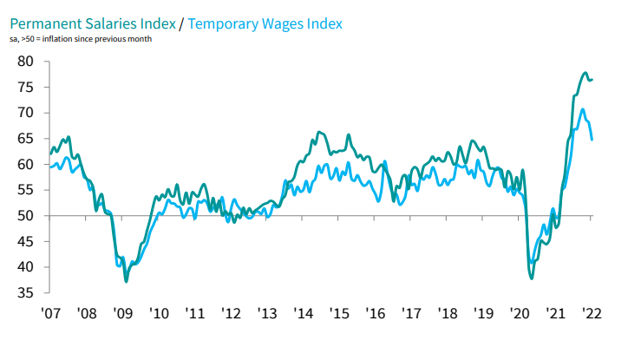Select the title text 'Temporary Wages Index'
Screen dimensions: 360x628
pos(267,24)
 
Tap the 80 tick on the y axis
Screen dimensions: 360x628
pos(25,62)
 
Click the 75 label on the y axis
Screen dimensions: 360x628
pos(25,88)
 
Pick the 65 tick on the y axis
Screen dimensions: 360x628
pos(25,139)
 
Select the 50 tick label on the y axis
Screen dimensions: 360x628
pos(25,216)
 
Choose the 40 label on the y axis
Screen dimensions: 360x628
pos(25,267)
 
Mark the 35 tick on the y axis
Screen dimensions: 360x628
pos(25,293)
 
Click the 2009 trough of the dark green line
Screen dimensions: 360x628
pos(127,281)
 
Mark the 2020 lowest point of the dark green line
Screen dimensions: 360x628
pos(532,278)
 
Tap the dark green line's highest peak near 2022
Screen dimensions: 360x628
pos(585,73)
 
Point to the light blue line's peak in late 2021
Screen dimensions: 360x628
pos(582,109)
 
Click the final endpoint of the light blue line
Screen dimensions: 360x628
pos(592,139)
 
